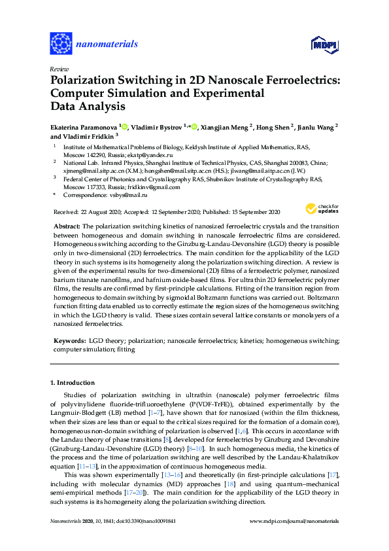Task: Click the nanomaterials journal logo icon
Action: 61,44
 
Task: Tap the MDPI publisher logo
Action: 324,44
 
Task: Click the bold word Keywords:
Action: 69,341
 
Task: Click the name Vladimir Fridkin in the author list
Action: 85,136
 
